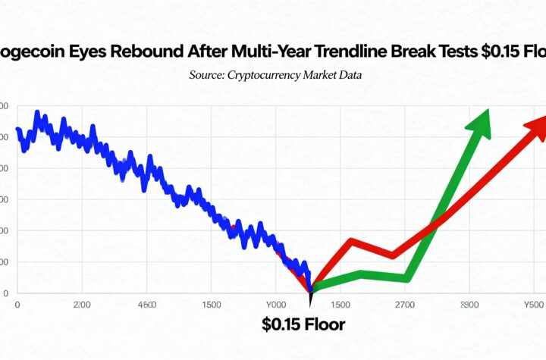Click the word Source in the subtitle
point(206,76)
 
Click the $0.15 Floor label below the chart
point(303,325)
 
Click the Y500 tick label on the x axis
point(534,305)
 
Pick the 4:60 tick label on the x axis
point(143,305)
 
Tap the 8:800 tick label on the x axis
point(469,305)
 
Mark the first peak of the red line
point(352,242)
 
